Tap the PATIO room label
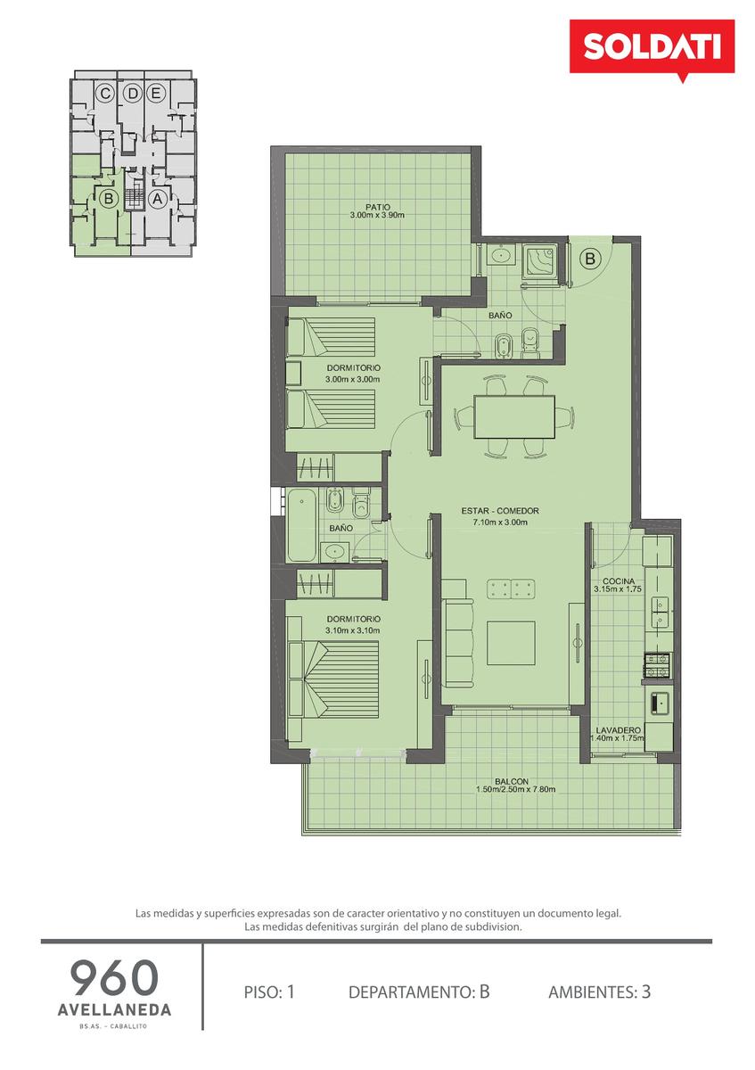coord(377,207)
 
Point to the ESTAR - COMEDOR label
coord(500,511)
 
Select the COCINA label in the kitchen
coord(619,580)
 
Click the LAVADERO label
coord(618,730)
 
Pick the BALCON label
coord(512,781)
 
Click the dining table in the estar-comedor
coord(514,416)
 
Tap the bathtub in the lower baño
coord(302,525)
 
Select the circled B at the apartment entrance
coord(590,259)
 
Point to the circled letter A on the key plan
coord(157,199)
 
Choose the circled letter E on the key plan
coord(155,94)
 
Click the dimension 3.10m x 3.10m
coord(353,630)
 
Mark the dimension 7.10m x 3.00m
coord(500,523)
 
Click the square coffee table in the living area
coord(511,643)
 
